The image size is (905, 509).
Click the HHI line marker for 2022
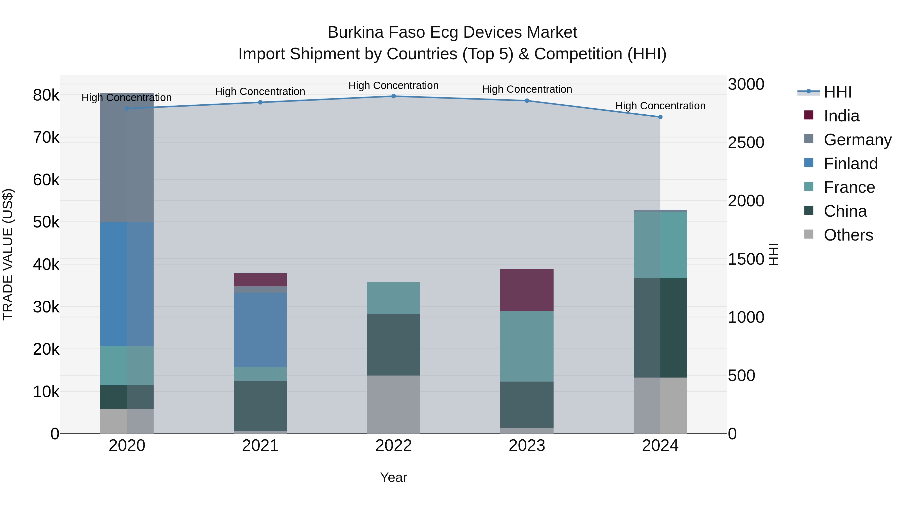point(393,96)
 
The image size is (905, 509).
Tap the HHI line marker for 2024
point(660,117)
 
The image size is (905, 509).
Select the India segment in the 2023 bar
point(527,290)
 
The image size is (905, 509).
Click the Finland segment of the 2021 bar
point(260,330)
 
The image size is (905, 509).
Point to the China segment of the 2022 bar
point(393,345)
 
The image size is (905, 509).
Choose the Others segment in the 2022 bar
point(393,404)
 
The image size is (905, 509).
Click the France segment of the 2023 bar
point(527,346)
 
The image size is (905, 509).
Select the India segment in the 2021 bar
point(260,280)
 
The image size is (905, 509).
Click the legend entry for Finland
point(850,164)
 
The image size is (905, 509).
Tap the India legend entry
point(841,116)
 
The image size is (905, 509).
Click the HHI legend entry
point(837,92)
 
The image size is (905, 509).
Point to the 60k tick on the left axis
point(46,180)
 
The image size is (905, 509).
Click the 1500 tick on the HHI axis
point(746,259)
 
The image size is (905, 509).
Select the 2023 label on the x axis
point(527,446)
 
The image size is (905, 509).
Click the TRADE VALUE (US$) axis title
point(8,254)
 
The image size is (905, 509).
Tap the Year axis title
point(393,477)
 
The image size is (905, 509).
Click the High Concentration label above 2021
point(260,91)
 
